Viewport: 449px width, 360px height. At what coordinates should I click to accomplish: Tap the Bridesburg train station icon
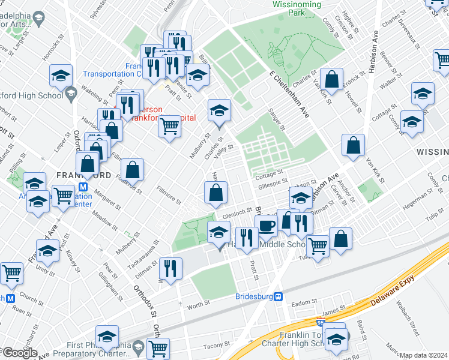(279, 296)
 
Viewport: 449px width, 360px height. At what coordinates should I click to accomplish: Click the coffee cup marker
(266, 226)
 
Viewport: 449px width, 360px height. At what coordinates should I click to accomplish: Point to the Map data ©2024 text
(424, 355)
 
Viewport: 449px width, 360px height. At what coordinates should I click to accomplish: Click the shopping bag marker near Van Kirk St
(354, 145)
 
